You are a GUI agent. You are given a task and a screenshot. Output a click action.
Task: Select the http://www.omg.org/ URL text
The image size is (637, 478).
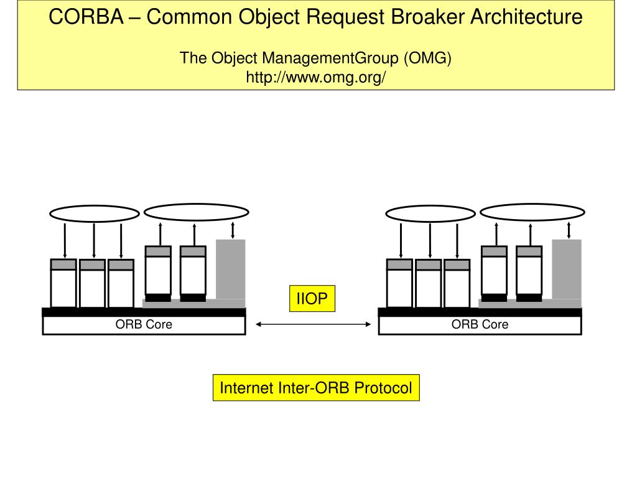316,78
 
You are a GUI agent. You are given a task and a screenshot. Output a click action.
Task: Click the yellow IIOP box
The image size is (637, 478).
311,299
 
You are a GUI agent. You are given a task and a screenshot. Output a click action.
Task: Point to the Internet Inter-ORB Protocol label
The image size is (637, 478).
316,388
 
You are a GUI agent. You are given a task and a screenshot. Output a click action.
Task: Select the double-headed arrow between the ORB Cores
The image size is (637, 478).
313,324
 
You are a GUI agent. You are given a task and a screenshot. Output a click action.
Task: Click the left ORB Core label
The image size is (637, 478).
144,325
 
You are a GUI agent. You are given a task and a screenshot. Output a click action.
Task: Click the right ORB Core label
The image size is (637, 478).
480,325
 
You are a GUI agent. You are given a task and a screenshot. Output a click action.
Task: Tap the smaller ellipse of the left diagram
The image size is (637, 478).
94,214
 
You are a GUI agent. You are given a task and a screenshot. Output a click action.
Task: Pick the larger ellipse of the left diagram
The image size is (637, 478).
197,212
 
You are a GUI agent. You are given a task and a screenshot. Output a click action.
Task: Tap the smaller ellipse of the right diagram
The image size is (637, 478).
430,214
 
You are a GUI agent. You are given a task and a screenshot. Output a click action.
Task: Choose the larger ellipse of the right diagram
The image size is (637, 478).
532,212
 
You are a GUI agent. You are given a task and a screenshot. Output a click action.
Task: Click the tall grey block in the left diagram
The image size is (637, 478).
231,269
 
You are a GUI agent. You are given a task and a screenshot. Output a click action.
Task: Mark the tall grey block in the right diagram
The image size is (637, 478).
567,269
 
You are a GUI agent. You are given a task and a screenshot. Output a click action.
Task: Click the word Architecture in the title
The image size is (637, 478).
526,17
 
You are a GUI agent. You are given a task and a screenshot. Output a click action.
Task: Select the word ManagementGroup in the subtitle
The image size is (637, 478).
330,59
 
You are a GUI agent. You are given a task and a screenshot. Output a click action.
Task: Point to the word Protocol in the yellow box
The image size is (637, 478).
383,388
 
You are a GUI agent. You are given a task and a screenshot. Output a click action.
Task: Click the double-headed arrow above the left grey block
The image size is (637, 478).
232,230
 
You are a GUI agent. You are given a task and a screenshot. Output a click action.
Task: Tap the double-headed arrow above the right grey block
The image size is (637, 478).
569,230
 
